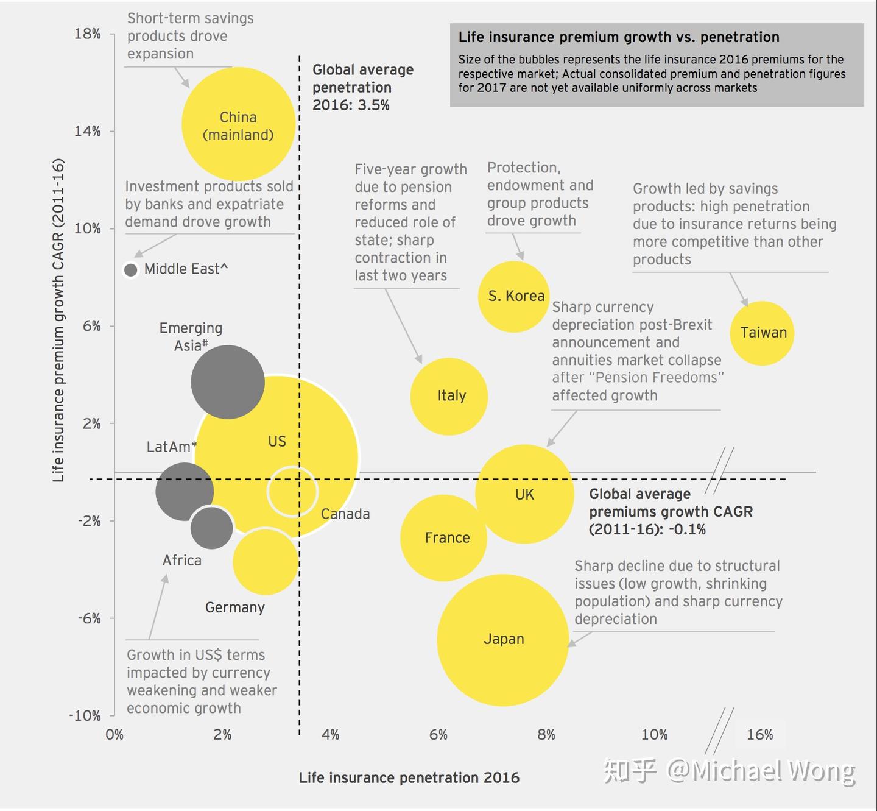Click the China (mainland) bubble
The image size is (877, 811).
[238, 124]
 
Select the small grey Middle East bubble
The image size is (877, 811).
[130, 269]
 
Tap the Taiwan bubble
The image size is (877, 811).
[762, 333]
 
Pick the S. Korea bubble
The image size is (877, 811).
[513, 297]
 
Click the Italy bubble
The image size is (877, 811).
[449, 397]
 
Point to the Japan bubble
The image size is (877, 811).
[502, 640]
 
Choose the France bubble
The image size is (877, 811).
[443, 537]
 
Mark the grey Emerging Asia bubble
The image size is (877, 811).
[227, 382]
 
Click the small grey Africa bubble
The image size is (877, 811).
[211, 528]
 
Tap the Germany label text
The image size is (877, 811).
[235, 607]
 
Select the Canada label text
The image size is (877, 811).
[345, 514]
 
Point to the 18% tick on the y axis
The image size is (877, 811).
[88, 34]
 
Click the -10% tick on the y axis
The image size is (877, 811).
[85, 716]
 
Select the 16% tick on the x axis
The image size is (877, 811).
[759, 735]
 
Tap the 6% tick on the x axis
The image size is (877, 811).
[438, 735]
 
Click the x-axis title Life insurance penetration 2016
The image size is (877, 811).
[409, 778]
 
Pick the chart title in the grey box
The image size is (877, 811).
[619, 37]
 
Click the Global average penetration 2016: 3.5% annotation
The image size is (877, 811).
[363, 88]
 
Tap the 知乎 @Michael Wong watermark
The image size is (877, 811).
[729, 771]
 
